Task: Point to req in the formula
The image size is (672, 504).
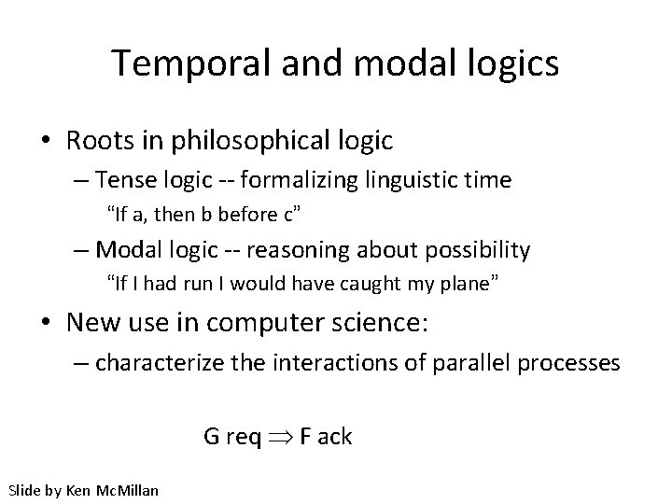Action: [243, 436]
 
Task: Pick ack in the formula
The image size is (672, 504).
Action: [334, 436]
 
